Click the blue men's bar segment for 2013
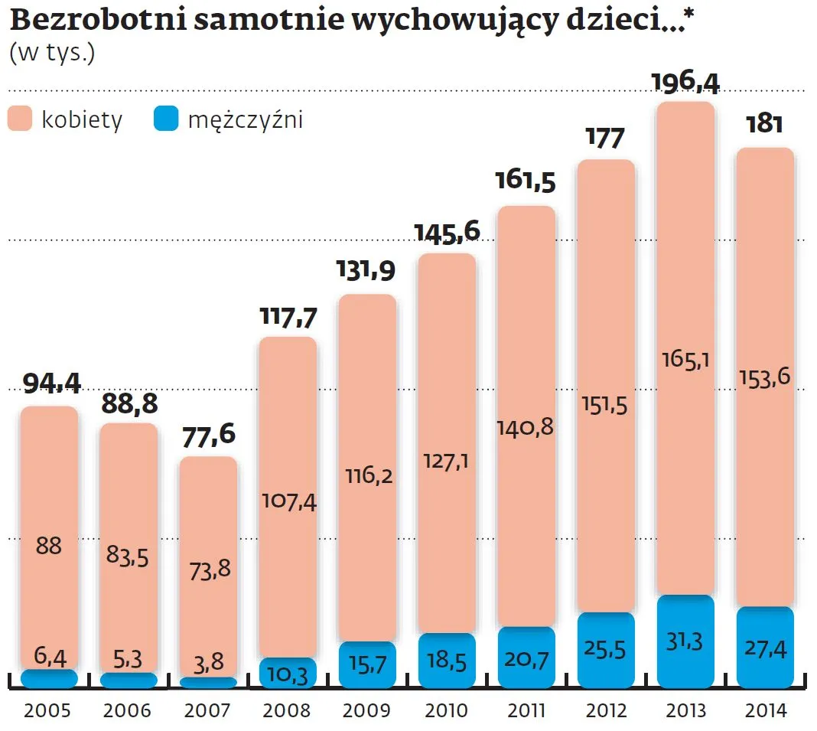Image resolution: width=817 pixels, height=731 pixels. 685,641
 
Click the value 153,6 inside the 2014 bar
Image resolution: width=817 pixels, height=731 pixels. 764,376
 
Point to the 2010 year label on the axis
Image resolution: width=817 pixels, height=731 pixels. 446,711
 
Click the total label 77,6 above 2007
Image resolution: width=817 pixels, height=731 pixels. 207,435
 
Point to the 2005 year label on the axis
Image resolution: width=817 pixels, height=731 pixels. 48,711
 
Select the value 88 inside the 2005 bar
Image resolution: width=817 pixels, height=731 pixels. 49,547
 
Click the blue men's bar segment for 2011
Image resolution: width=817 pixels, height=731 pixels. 526,658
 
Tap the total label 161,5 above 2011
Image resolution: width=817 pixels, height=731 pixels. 526,183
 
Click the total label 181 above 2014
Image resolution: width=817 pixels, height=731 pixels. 764,125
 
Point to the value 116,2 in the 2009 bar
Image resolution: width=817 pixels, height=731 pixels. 367,476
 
